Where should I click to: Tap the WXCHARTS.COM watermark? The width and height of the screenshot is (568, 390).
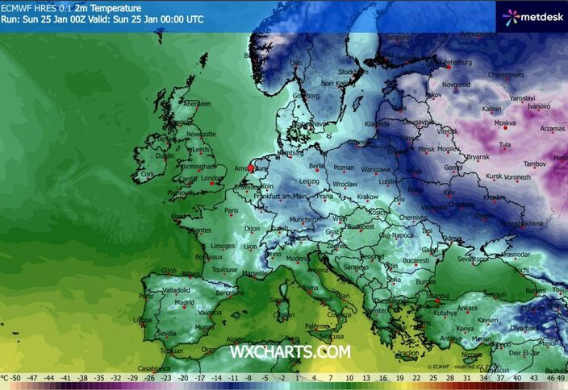coord(290,351)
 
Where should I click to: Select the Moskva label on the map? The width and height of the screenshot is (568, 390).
coord(504,123)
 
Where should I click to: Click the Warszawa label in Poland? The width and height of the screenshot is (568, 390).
coord(375,170)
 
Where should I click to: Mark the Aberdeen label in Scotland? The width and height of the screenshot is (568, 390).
coord(197,104)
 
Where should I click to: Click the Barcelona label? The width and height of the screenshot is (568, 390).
coord(229,293)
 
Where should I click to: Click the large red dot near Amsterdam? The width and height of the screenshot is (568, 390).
coord(251,169)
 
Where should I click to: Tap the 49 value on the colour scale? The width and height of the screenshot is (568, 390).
coord(561,376)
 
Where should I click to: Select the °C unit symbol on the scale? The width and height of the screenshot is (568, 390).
coord(6,376)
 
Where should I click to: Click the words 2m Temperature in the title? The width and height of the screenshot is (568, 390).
coord(97,6)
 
